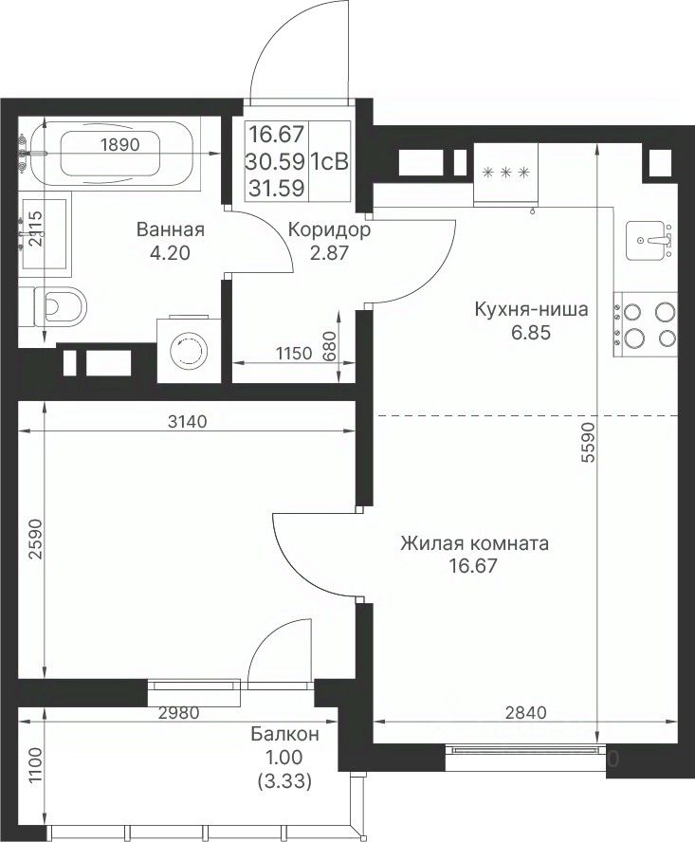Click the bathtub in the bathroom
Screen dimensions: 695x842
click(110, 153)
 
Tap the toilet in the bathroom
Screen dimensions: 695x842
click(53, 306)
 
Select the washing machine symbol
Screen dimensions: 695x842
click(189, 350)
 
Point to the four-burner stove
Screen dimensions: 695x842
click(645, 324)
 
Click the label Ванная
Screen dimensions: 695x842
click(171, 229)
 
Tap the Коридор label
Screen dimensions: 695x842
click(329, 229)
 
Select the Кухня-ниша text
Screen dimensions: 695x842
click(531, 309)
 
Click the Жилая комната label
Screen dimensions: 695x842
click(474, 543)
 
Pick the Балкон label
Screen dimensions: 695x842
click(284, 734)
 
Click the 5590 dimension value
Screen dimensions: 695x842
click(589, 442)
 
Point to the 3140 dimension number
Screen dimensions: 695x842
click(188, 422)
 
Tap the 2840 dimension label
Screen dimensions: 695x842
click(526, 712)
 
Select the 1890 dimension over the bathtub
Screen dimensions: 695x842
click(120, 144)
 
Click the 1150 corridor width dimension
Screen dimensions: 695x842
click(294, 354)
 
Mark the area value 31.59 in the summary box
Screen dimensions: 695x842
click(276, 188)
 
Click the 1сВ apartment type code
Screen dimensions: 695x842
click(330, 161)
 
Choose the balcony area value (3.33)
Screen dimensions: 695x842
click(284, 781)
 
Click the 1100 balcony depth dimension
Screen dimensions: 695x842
click(34, 765)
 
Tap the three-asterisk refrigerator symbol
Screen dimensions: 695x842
click(506, 173)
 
